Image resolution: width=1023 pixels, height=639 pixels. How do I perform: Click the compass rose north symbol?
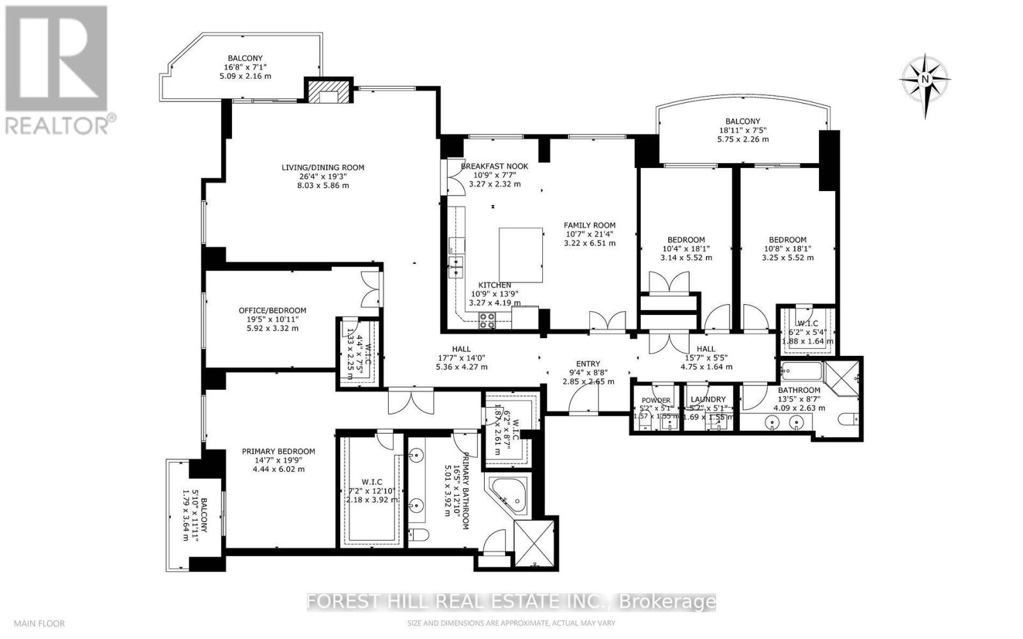pos(925,80)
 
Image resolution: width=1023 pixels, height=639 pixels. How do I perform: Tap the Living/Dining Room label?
pos(323,167)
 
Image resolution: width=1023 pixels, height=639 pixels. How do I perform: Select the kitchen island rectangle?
pos(520,255)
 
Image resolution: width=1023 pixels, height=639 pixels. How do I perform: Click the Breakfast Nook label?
pos(495,166)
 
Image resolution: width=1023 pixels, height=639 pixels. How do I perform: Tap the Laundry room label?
pos(708,399)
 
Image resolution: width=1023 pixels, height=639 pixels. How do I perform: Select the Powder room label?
pos(656,400)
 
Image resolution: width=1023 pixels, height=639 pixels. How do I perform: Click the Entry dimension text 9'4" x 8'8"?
pos(588,373)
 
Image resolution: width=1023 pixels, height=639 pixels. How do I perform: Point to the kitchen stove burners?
pos(487,319)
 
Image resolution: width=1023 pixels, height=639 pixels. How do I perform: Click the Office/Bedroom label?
pos(268,311)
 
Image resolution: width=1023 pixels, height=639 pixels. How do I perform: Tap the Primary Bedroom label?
pos(278,451)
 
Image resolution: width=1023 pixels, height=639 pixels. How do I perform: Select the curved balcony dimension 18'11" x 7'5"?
pos(742,130)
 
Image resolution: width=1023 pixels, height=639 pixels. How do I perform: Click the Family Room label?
pos(590,225)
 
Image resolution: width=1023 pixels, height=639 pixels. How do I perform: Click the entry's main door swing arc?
pos(582,401)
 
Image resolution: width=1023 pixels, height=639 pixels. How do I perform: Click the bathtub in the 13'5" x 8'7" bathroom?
pos(799,371)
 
